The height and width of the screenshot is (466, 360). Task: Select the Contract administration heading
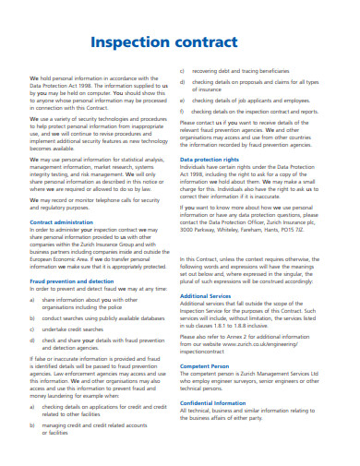(x=62, y=222)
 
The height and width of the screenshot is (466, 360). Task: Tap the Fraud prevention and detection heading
(x=71, y=280)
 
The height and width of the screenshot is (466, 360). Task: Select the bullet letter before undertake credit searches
(x=32, y=329)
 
